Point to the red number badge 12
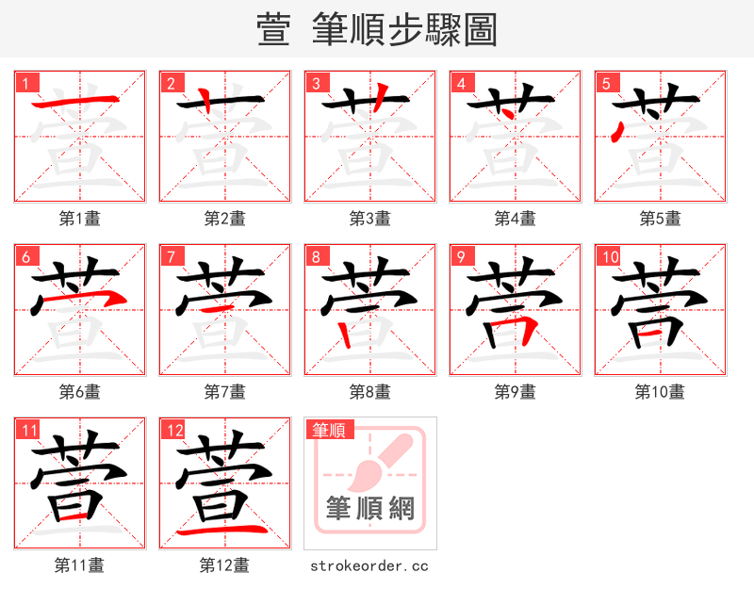[x=174, y=431]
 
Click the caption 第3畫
[x=369, y=219]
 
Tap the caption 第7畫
[x=224, y=391]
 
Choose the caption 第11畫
[x=79, y=565]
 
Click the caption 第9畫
[x=515, y=391]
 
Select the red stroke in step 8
[x=343, y=330]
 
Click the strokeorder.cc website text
[x=369, y=565]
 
